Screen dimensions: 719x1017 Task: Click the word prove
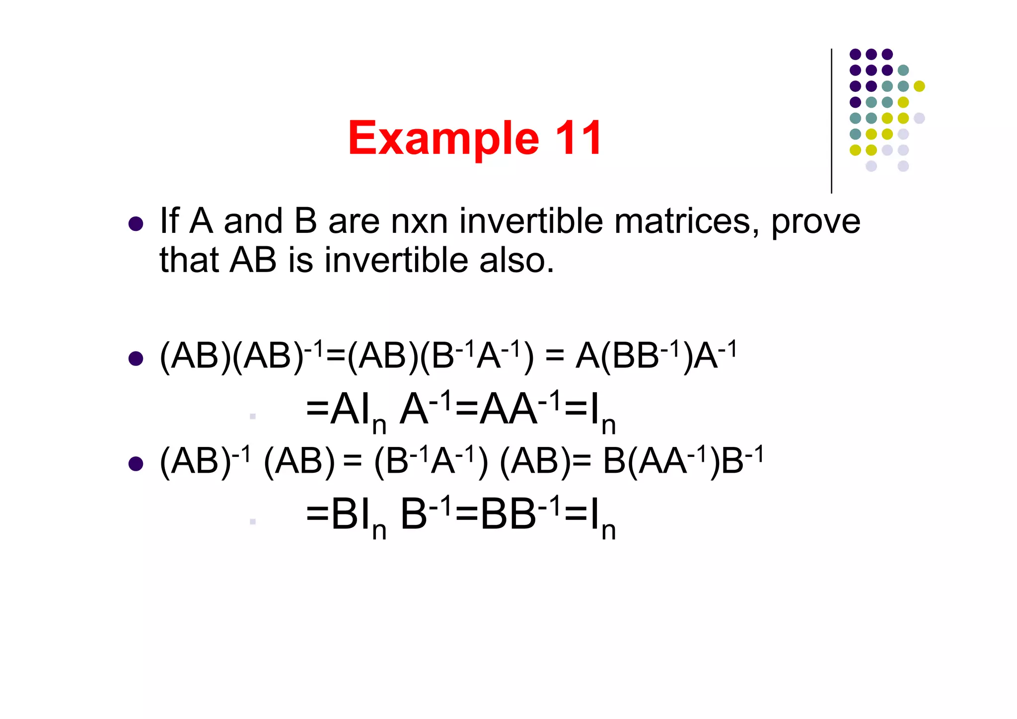(815, 222)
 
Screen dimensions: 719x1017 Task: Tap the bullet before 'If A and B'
(136, 223)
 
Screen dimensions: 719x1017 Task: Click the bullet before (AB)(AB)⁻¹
(136, 358)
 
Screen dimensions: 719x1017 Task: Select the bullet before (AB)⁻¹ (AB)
(136, 464)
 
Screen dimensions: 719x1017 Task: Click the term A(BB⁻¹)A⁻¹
(655, 356)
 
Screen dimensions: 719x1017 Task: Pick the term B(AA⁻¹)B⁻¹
(683, 461)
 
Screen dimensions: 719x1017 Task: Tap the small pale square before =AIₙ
(253, 416)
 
